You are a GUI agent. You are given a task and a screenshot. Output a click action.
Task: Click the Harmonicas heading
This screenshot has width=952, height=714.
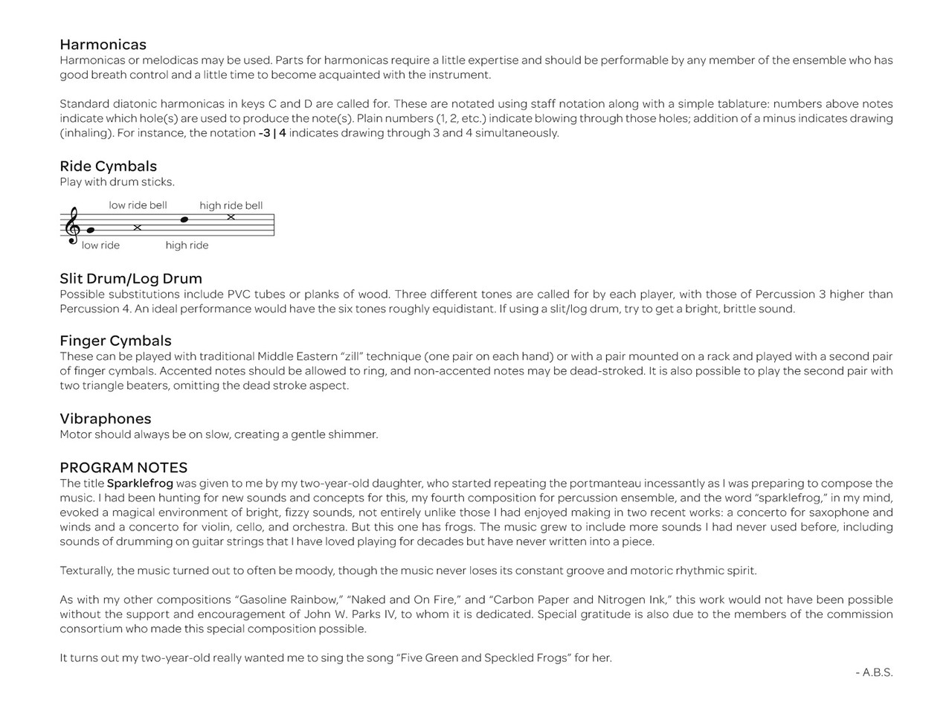point(103,45)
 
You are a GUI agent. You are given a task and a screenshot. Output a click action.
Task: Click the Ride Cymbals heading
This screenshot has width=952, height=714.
point(108,166)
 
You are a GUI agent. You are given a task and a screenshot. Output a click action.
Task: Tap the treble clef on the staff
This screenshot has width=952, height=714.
point(73,225)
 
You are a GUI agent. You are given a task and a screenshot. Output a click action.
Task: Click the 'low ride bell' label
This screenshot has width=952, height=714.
point(138,205)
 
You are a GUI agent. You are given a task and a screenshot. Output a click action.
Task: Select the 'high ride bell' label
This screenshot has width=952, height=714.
point(231,205)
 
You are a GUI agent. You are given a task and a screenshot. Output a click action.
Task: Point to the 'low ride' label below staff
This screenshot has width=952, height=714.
point(100,245)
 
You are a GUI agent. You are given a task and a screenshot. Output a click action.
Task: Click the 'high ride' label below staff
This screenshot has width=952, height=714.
point(187,245)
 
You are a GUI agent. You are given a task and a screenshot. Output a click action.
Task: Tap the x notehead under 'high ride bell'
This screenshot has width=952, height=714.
point(231,217)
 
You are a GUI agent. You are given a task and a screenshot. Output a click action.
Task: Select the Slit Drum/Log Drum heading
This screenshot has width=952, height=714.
point(131,278)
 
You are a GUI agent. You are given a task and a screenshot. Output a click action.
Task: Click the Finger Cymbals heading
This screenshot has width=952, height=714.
point(115,341)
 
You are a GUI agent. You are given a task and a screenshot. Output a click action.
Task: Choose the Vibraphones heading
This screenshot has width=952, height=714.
point(105,419)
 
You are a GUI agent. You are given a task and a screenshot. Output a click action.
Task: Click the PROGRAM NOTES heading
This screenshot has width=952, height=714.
point(123,467)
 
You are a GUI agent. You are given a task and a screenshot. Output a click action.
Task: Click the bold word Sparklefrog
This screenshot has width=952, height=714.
point(140,483)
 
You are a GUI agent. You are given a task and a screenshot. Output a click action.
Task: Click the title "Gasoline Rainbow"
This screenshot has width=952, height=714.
point(287,599)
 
